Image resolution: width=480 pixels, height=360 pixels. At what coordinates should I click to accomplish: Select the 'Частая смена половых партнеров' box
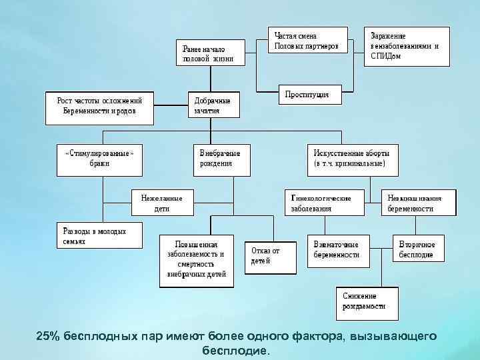pos(307,41)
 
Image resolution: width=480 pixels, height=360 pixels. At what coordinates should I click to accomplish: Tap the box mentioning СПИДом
pos(406,46)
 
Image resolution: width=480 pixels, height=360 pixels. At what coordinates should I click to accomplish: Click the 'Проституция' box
pos(307,95)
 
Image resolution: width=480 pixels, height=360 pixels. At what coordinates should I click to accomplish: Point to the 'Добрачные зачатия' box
pos(213,106)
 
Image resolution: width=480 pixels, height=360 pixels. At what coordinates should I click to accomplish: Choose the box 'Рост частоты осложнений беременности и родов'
pos(99,107)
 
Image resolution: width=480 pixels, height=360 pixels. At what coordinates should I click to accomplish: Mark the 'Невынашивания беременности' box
pos(418,203)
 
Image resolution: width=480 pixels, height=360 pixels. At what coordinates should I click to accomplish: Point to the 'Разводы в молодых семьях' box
pos(100,235)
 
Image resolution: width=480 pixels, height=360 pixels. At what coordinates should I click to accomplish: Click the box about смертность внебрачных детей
pos(197,260)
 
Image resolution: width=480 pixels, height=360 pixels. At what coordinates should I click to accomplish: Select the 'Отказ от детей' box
pos(272,256)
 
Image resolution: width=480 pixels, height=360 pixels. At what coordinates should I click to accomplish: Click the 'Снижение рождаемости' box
pos(366,301)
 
